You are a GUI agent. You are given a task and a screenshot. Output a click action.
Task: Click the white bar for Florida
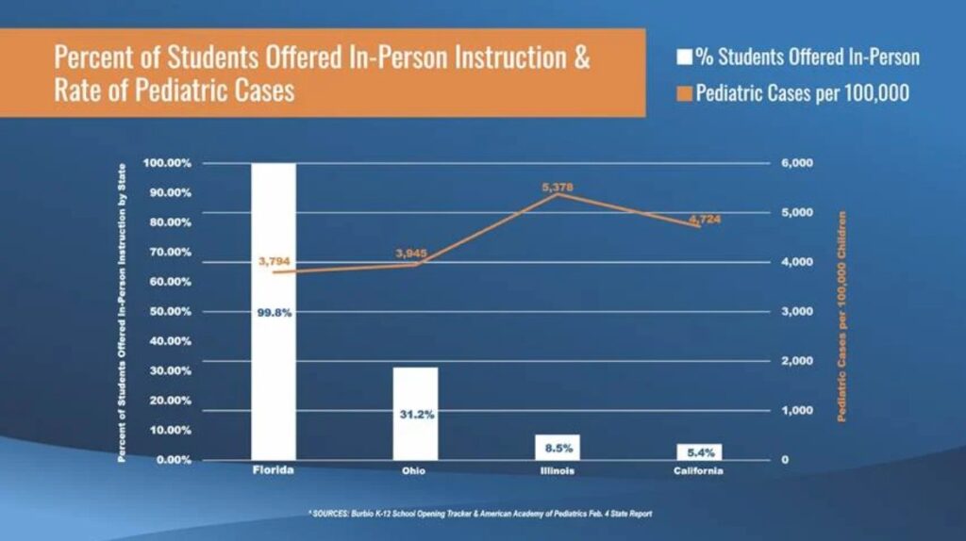click(x=273, y=377)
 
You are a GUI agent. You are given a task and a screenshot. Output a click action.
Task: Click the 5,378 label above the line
click(x=558, y=188)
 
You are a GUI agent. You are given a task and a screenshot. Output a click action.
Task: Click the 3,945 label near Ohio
click(x=412, y=254)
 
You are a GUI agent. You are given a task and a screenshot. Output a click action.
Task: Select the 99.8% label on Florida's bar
click(x=274, y=313)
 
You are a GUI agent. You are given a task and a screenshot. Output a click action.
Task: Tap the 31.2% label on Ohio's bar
click(x=415, y=415)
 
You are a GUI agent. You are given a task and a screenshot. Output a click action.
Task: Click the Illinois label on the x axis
click(x=558, y=469)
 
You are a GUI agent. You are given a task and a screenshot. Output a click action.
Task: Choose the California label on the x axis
click(x=699, y=469)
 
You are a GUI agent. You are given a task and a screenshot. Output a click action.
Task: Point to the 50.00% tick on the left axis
click(x=167, y=311)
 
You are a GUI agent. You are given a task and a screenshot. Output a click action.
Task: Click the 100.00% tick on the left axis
click(x=167, y=163)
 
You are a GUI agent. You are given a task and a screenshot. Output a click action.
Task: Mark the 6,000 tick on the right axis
click(x=797, y=163)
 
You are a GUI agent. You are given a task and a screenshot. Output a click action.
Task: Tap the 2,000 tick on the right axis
click(x=797, y=361)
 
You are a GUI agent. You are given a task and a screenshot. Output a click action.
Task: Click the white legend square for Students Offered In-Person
click(x=685, y=57)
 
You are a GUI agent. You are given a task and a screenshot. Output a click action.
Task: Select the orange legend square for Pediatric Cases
click(x=685, y=94)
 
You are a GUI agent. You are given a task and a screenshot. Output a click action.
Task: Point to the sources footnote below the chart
click(x=480, y=514)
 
